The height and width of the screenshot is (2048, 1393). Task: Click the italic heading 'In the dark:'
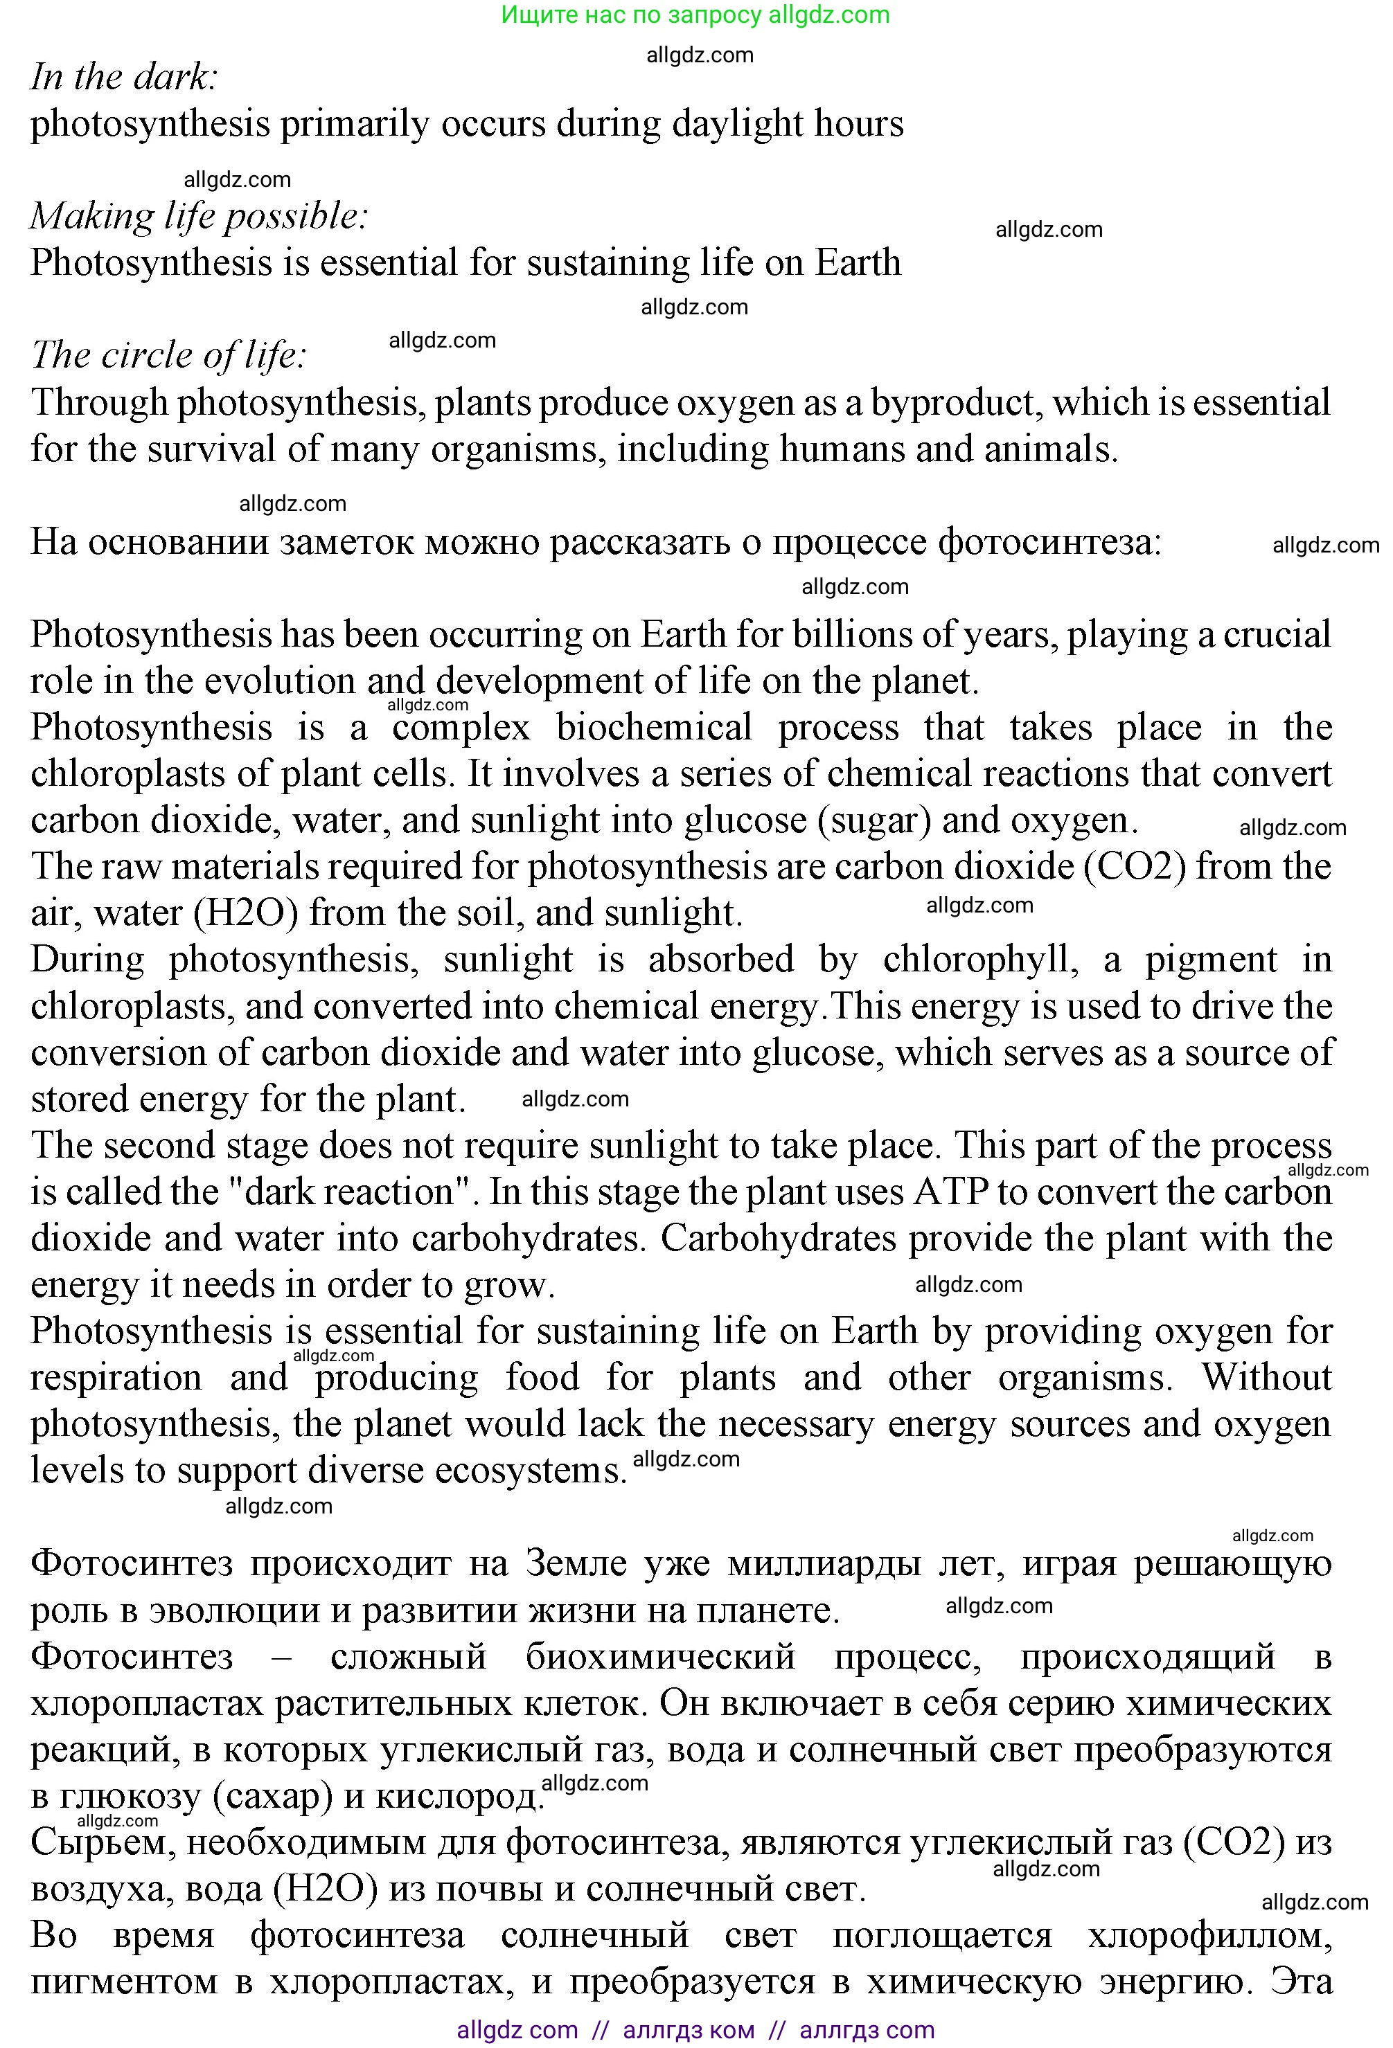coord(123,78)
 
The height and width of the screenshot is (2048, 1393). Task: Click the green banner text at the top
coord(695,15)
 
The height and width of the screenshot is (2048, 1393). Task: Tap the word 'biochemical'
coord(654,728)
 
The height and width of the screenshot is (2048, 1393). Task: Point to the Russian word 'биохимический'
coord(662,1657)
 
